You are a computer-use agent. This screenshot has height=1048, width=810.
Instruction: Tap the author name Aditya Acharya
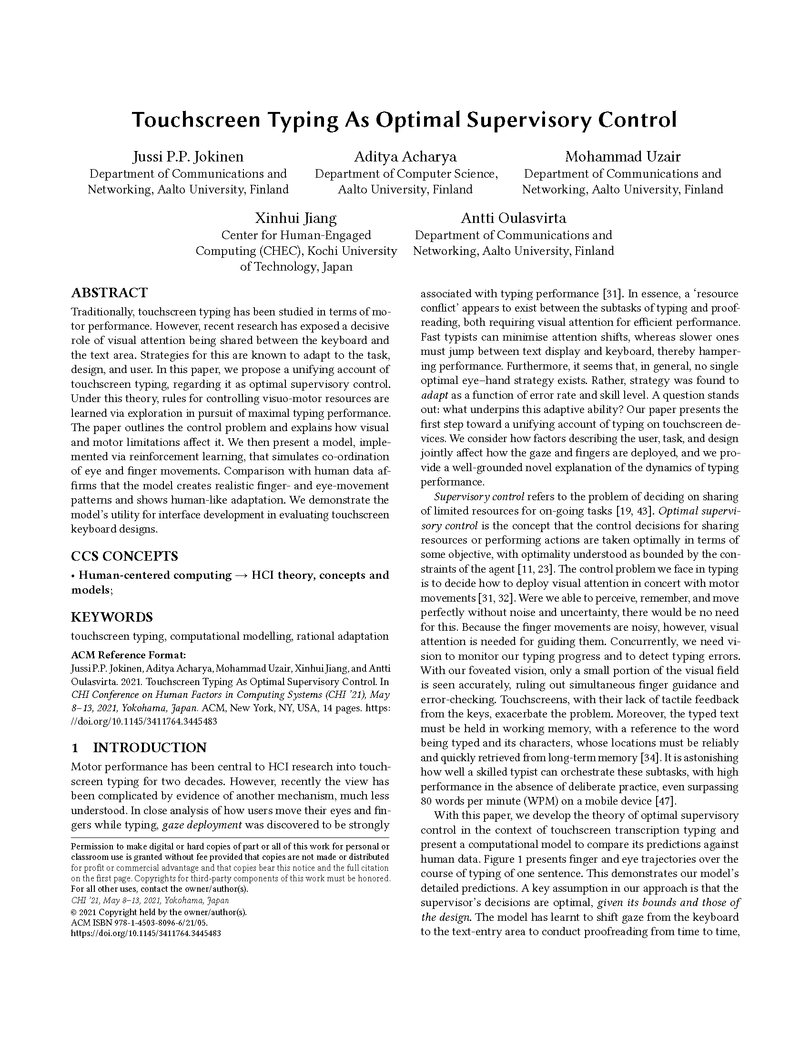(x=405, y=157)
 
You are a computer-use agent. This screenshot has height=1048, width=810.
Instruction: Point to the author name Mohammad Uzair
(x=622, y=157)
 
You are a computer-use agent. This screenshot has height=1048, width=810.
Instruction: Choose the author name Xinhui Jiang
(x=295, y=218)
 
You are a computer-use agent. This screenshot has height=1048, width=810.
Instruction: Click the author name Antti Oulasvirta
(x=513, y=218)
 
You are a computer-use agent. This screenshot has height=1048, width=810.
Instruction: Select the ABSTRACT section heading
(x=109, y=292)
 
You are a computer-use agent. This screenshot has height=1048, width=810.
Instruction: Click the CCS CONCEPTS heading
(x=124, y=556)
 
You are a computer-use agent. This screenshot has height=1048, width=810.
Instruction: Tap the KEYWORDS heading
(x=112, y=616)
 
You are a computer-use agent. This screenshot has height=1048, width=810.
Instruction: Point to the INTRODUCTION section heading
(x=149, y=747)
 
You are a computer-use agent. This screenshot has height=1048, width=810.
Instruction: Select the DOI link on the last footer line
(x=145, y=933)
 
